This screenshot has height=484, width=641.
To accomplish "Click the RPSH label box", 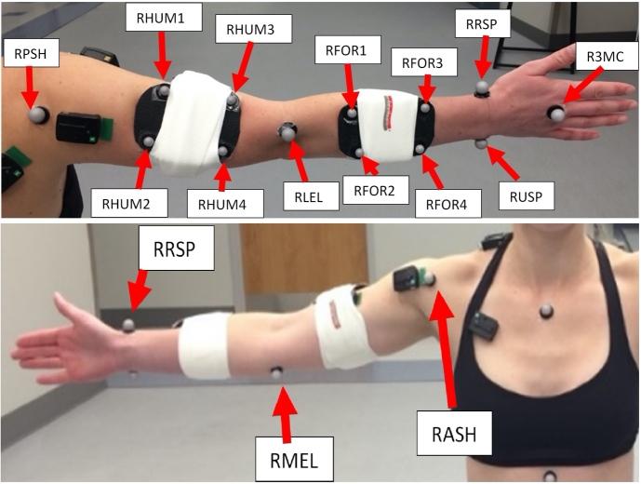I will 31,54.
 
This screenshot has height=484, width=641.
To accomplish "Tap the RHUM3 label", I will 245,30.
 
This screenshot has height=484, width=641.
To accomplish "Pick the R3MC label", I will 598,58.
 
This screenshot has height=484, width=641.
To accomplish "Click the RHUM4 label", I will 216,200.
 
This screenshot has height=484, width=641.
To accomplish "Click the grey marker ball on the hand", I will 555,114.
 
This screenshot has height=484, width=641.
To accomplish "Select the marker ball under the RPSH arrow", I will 38,114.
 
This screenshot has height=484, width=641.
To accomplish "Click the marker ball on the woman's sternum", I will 545,309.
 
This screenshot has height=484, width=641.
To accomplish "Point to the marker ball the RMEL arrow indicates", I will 276,372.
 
